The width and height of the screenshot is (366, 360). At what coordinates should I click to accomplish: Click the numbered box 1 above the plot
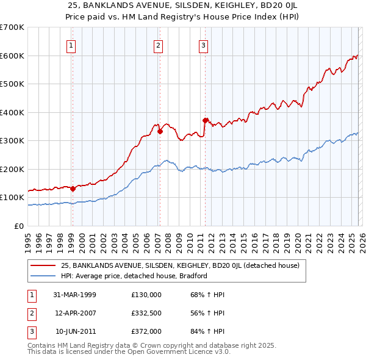pos(72,45)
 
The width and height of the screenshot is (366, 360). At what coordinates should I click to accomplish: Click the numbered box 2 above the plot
pos(159,45)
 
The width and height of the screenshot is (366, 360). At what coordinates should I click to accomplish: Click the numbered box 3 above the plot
pos(203,45)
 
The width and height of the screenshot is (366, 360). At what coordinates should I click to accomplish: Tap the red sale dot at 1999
pos(73,189)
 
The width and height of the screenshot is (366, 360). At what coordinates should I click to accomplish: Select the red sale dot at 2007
pos(160,131)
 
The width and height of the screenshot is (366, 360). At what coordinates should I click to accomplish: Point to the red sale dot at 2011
pos(205,120)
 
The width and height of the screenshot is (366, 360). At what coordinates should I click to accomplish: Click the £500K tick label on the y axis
pos(12,84)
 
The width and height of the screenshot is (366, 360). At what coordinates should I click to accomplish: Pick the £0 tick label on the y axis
pos(18,226)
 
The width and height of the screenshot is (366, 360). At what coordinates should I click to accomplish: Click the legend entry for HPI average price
pos(134,276)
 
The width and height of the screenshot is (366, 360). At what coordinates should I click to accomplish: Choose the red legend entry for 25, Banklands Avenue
pos(180,265)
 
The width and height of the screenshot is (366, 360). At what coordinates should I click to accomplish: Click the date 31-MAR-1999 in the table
pos(74,295)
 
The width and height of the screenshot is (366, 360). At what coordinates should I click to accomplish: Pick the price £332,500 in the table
pos(146,313)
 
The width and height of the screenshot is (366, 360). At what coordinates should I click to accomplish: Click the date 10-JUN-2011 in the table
pos(74,331)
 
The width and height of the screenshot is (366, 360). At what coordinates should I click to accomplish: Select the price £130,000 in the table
pos(146,295)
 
